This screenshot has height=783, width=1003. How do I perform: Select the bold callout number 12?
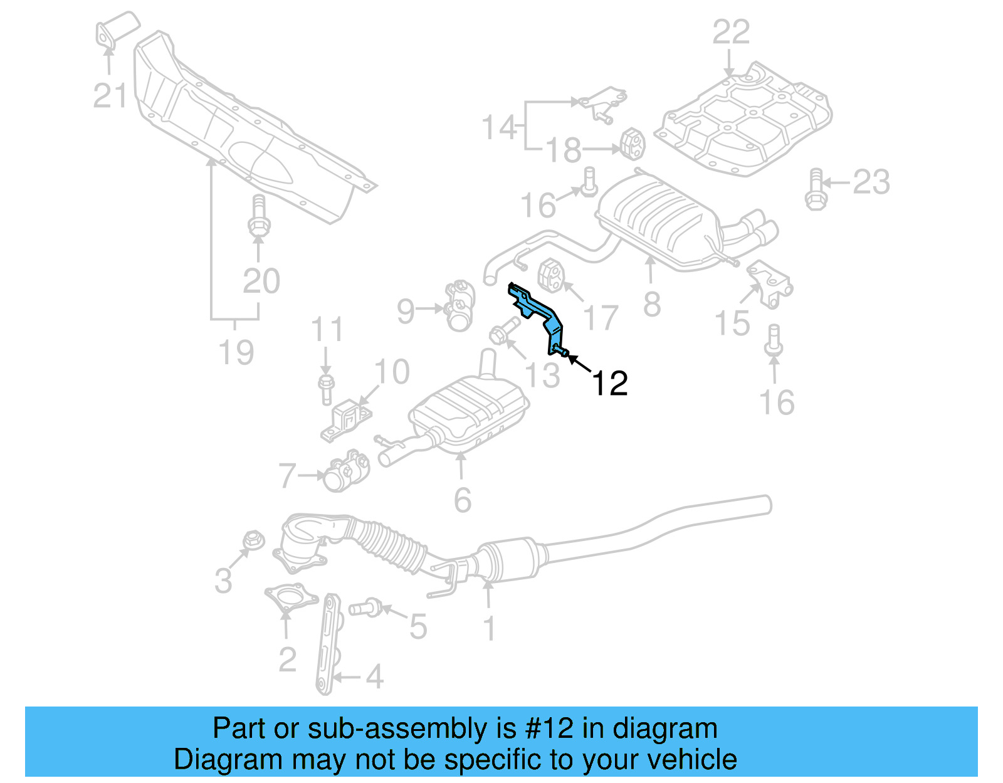(x=609, y=382)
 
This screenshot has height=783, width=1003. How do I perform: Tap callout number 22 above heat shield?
(x=731, y=32)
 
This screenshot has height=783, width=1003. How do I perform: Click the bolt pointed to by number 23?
(x=815, y=189)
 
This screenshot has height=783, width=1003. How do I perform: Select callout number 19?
(x=236, y=352)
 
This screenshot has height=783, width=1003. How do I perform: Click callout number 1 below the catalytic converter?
(x=490, y=628)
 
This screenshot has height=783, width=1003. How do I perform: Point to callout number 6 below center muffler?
(x=462, y=500)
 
